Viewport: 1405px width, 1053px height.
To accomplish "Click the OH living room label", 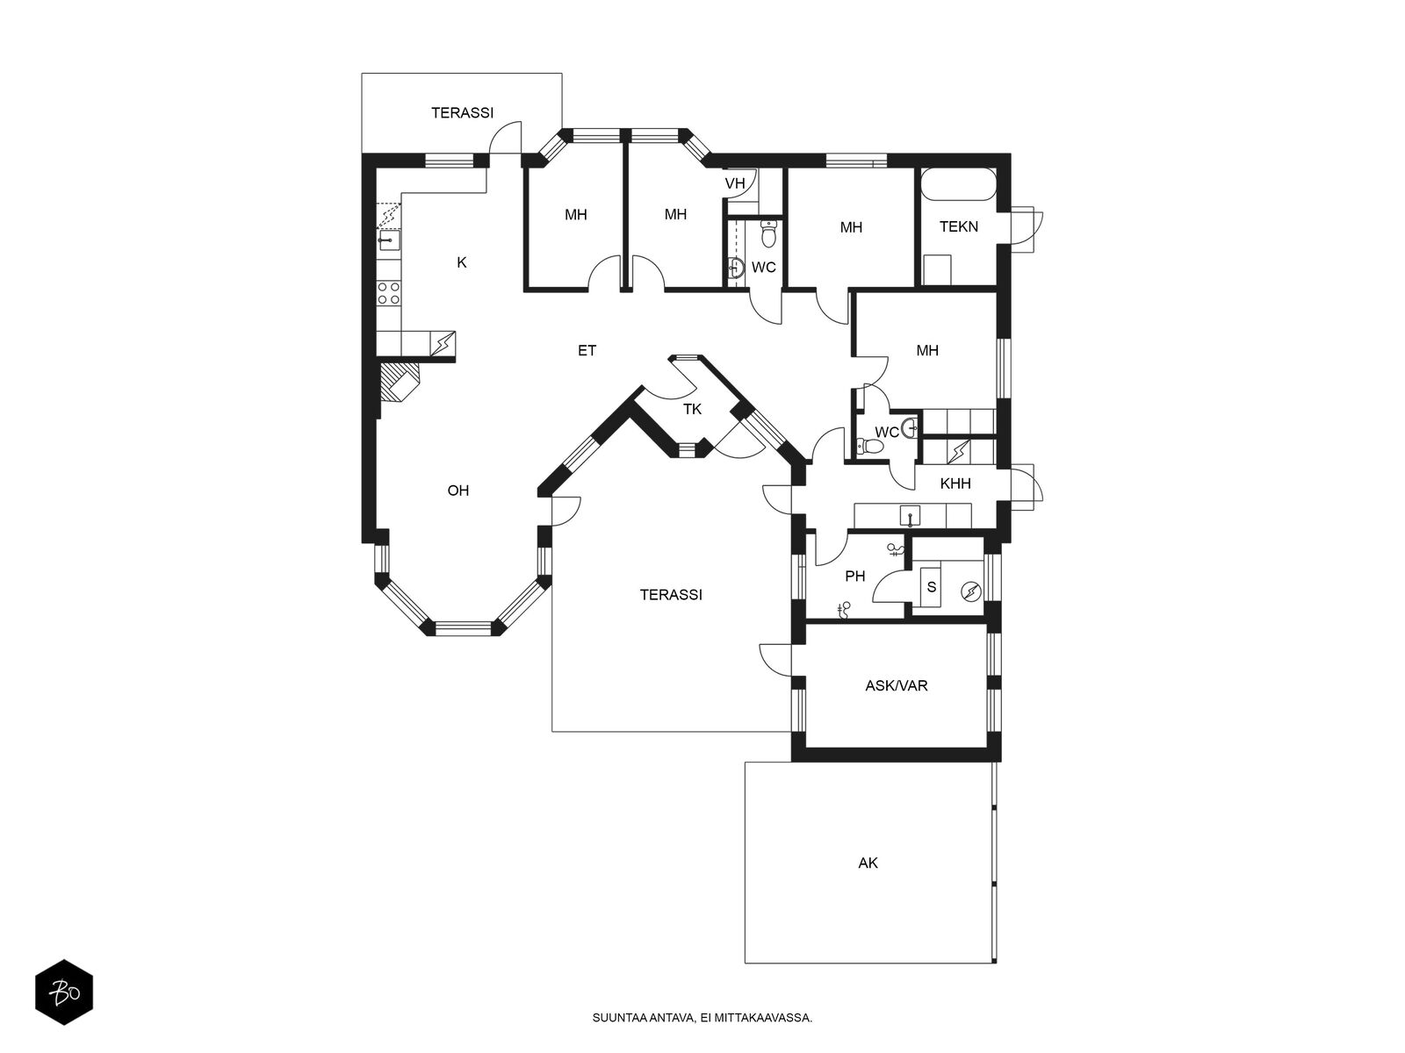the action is (x=458, y=491).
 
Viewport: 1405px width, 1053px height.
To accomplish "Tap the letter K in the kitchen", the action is (x=462, y=262).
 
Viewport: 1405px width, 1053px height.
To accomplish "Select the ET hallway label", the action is (x=587, y=350).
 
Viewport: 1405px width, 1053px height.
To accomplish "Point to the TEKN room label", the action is (x=959, y=226).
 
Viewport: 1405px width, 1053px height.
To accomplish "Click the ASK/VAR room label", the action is (x=897, y=686).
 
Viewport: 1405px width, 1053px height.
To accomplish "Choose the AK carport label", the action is (x=868, y=863).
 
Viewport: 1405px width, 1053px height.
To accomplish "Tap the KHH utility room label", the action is (x=955, y=484).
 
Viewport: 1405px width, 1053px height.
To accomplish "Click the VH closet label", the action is (x=735, y=183).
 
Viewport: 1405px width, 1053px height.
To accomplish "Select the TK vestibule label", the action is (x=692, y=409).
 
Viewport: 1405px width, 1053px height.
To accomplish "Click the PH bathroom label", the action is (x=855, y=576).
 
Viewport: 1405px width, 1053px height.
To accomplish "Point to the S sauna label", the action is (x=932, y=587).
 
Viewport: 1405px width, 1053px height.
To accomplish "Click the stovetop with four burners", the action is (x=388, y=293).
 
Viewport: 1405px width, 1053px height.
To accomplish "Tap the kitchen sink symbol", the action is (x=388, y=240).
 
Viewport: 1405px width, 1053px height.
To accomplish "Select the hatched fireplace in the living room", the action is (x=400, y=383).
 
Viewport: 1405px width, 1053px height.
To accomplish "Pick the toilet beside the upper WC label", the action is (x=768, y=233).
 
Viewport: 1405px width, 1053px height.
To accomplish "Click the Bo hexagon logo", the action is (x=64, y=992).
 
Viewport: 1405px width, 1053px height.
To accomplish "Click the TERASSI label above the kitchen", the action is (x=462, y=113).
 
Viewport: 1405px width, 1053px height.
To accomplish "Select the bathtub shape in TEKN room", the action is (x=958, y=185).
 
